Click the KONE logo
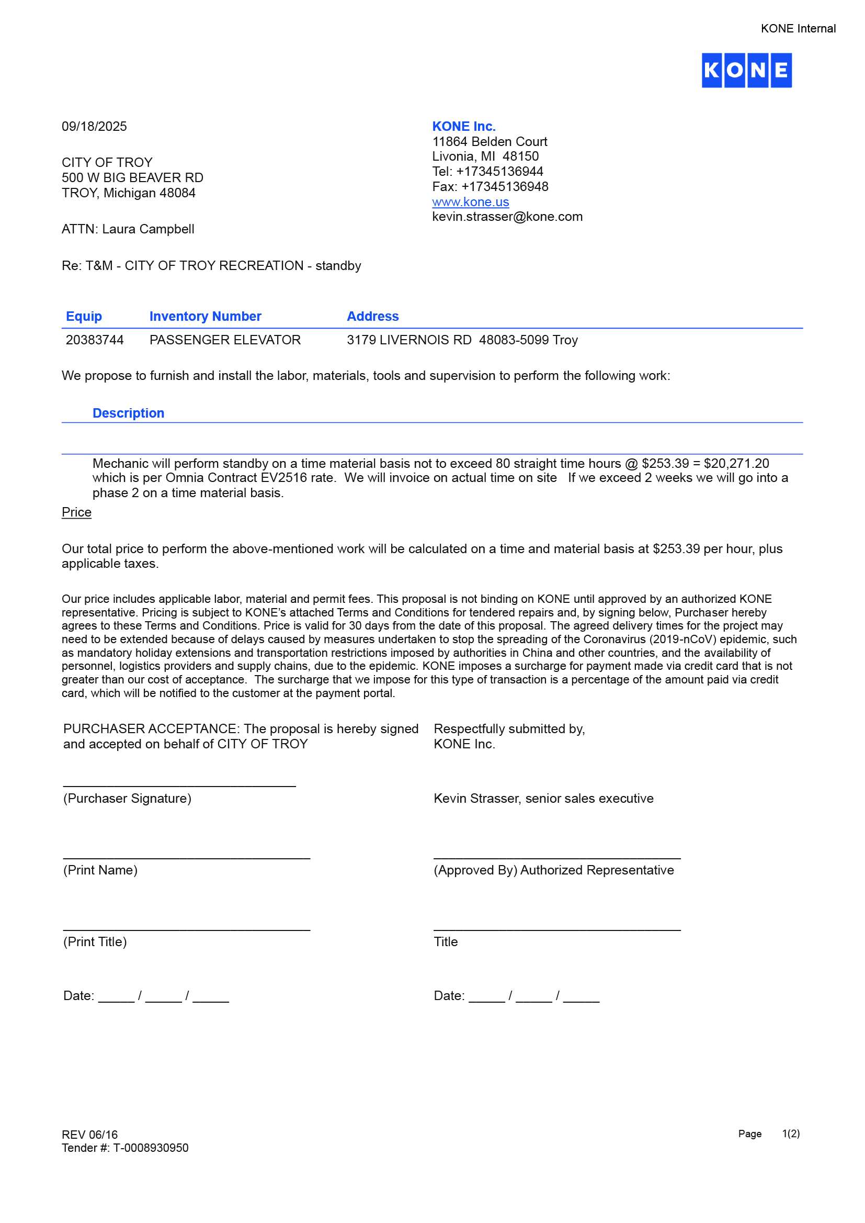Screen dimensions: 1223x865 (746, 70)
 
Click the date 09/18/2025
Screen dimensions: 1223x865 (94, 126)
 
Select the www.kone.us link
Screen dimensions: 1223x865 (470, 202)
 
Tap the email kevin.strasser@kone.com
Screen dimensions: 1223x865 (507, 217)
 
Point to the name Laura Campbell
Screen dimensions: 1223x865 (148, 229)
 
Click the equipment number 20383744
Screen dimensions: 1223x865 (94, 340)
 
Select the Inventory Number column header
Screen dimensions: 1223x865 (205, 317)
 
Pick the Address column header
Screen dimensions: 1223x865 (372, 317)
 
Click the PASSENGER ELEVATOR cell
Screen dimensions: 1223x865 (225, 340)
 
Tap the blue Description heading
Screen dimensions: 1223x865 (128, 413)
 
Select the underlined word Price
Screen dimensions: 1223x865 (77, 512)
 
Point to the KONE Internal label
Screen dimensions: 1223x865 (798, 29)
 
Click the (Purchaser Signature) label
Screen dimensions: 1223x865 (127, 798)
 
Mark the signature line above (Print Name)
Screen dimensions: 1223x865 (186, 858)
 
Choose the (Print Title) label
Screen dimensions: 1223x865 (95, 941)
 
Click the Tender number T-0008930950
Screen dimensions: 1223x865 (151, 1147)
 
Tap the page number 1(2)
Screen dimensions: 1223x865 (790, 1134)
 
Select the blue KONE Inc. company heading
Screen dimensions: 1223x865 (463, 126)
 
